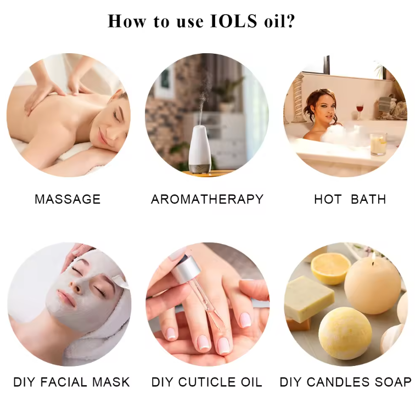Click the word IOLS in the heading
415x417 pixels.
point(233,21)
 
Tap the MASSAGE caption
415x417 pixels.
point(68,199)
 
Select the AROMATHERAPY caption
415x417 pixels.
point(207,199)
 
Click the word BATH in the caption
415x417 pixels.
point(368,199)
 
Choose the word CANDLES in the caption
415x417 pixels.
point(338,382)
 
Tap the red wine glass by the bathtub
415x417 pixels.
point(360,111)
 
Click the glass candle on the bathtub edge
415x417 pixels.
point(378,144)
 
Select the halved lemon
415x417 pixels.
point(330,268)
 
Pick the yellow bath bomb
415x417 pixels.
point(345,333)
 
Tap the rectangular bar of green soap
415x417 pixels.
point(309,298)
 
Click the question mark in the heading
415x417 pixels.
point(290,21)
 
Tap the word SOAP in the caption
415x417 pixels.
point(393,382)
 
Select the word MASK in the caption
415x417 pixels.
point(111,382)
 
